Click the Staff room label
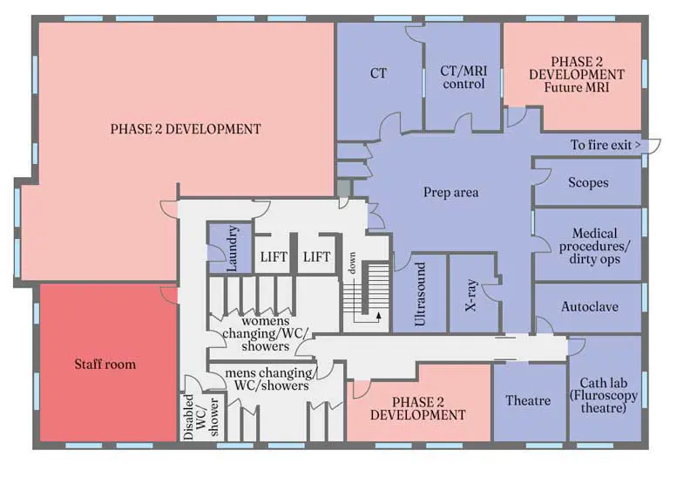coord(105,364)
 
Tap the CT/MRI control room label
coord(464,77)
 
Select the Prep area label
coord(450,192)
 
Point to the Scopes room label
coord(588,182)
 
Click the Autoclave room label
coord(590,307)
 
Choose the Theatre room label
coord(528,400)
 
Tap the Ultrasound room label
coord(420,294)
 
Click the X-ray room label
coord(471,295)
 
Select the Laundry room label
coord(231,249)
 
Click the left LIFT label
coord(274,256)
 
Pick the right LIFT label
coord(316,256)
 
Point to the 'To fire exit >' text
coord(606,145)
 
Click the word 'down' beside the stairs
coord(352,263)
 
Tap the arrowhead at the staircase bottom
coord(379,316)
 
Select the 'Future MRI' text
coord(577,87)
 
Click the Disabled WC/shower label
coord(201,417)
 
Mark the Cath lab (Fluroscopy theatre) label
coord(604,395)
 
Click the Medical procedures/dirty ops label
coord(594,246)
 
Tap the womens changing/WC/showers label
coord(266,333)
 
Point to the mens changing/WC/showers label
coord(271,379)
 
